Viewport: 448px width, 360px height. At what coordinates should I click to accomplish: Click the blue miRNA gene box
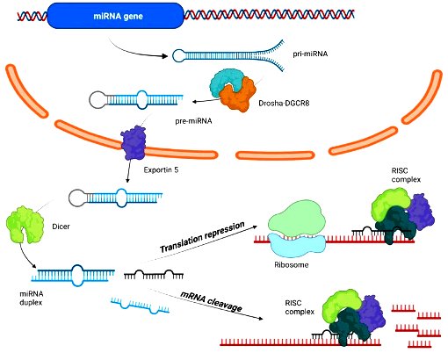click(x=115, y=16)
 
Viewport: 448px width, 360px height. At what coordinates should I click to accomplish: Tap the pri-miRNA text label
click(x=310, y=54)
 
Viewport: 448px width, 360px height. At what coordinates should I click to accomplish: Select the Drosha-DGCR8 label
click(x=284, y=103)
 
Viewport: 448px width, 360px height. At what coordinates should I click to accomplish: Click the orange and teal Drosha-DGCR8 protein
click(x=232, y=90)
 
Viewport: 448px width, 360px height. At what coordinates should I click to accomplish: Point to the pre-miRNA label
click(x=193, y=121)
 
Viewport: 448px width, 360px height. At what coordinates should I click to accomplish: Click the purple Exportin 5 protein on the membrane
click(x=134, y=142)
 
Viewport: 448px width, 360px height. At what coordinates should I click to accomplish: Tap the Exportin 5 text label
click(x=161, y=169)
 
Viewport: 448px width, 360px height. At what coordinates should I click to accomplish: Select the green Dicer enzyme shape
click(x=25, y=225)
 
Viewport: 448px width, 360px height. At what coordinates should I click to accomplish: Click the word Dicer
click(x=61, y=227)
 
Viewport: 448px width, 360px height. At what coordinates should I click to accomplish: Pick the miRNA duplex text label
click(x=32, y=298)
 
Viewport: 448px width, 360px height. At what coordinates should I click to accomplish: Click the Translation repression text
click(x=202, y=237)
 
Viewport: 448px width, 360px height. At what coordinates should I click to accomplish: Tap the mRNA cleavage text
click(x=212, y=301)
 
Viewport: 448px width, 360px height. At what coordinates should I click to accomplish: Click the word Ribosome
click(x=292, y=265)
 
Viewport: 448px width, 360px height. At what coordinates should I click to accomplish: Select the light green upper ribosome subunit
click(x=295, y=218)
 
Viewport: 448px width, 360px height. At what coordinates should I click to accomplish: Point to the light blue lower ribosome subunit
click(x=296, y=245)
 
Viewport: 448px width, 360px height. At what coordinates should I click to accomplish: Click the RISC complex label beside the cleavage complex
click(x=300, y=307)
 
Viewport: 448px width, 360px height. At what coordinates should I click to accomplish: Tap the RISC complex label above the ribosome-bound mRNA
click(x=406, y=175)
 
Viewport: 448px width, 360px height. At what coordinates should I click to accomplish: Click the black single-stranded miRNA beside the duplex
click(x=154, y=274)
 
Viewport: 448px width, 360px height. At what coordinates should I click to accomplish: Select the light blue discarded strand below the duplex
click(x=141, y=306)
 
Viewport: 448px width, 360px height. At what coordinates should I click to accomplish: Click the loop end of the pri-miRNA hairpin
click(x=178, y=55)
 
